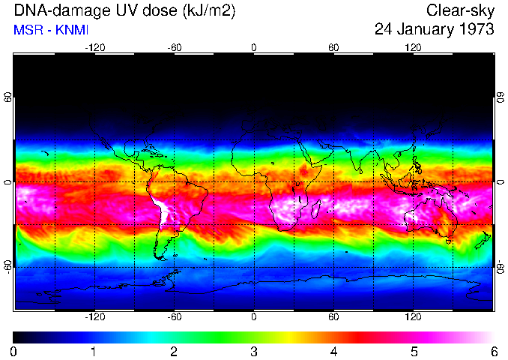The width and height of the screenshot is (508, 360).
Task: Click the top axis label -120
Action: (x=94, y=47)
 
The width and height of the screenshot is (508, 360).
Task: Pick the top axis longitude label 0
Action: (x=254, y=47)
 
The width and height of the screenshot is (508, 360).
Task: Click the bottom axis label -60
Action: (x=175, y=317)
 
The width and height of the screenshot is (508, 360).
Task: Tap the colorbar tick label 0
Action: (x=14, y=351)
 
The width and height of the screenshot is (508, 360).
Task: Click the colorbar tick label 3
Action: (x=254, y=351)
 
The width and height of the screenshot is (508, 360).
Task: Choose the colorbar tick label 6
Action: (x=493, y=351)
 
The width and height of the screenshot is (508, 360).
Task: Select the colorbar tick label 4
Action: (x=333, y=351)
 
